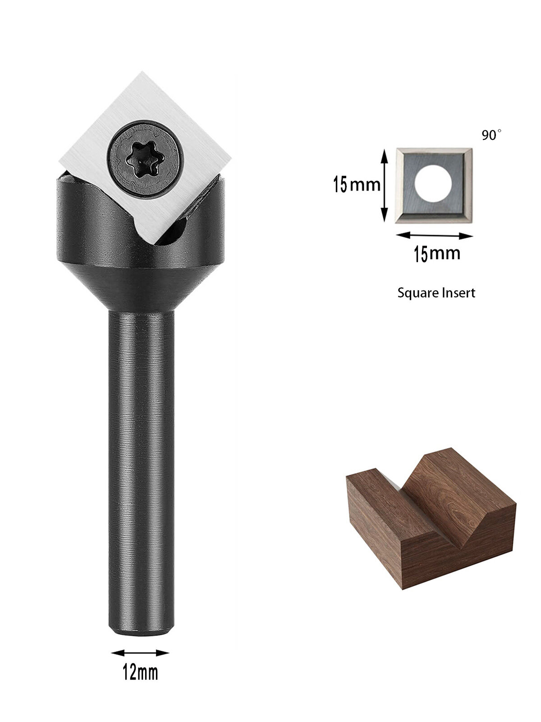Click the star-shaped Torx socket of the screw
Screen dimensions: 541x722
142,160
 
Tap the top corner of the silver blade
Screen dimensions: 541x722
142,72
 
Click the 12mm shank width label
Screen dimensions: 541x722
140,672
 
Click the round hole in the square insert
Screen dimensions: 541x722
434,184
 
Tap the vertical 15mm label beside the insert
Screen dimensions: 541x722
357,184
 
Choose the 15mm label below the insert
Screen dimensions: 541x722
437,254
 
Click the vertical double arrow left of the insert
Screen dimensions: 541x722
384,185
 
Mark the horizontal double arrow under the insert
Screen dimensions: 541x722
435,236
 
